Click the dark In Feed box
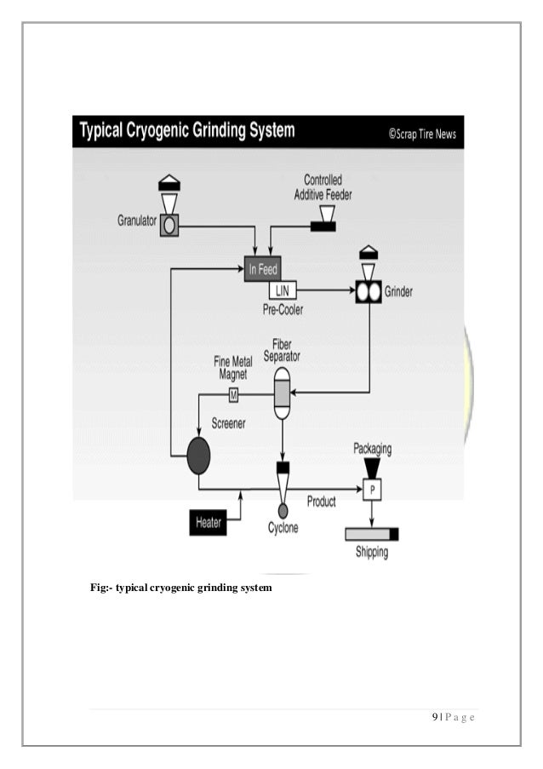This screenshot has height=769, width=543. pos(262,270)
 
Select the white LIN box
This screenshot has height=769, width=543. pos(283,290)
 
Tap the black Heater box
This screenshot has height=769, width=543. pos(209,521)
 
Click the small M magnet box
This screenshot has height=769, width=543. pos(232,395)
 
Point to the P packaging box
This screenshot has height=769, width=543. pos(372,489)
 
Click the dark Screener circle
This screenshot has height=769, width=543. pos(198,456)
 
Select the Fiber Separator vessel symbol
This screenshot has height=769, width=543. pos(282,393)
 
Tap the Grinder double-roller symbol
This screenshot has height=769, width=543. pos(369,291)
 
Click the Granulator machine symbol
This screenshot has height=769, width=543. pos(169,225)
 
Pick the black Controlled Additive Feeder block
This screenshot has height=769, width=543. pos(323,226)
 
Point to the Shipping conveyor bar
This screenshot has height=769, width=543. pos(371,534)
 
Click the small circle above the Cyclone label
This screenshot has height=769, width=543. pos(283,510)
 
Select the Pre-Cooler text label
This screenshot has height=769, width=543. pos(282,310)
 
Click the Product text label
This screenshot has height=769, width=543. pos(322,502)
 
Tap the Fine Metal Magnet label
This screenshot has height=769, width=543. pos(232,368)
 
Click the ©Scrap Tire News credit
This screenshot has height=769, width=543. pos(422,134)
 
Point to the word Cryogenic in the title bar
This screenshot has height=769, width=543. pos(173,131)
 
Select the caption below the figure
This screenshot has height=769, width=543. pos(180,588)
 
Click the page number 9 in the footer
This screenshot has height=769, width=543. pos(435,717)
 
